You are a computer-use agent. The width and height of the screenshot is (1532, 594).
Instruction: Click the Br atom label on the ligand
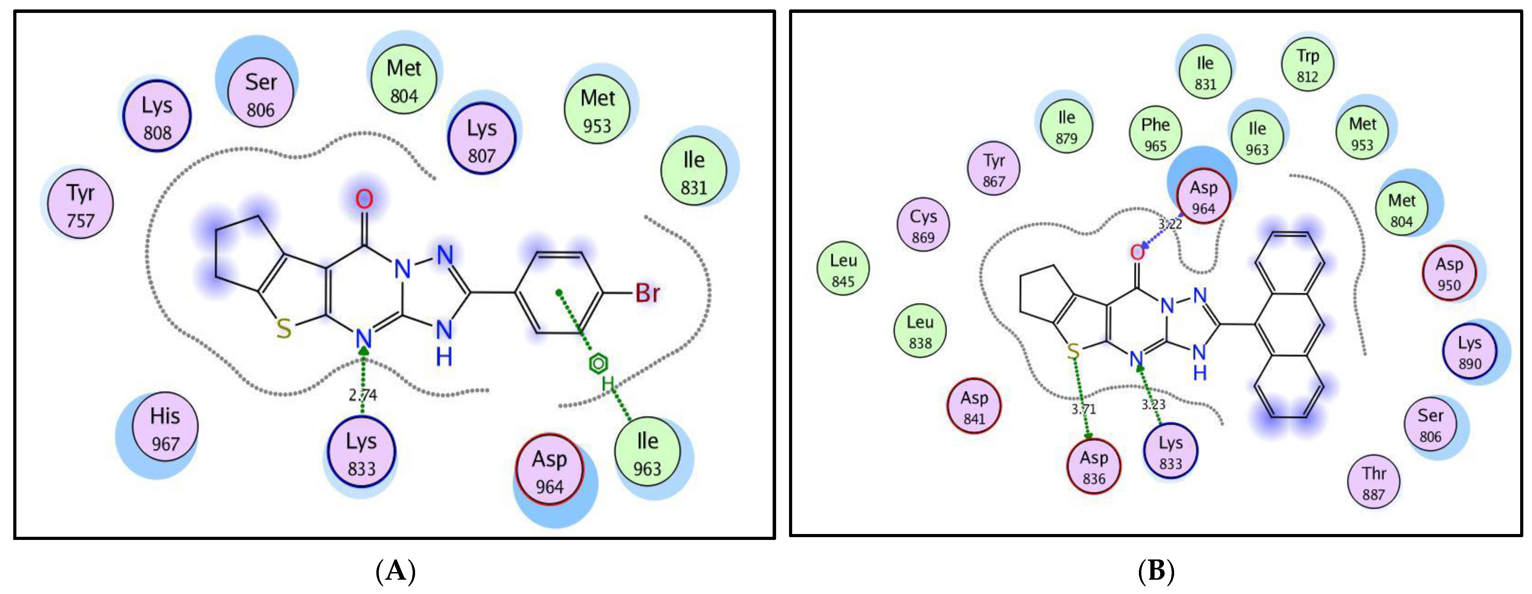647,293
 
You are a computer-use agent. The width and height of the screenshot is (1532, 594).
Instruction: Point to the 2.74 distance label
362,394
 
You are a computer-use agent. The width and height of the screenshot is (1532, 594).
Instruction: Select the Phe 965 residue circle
1155,134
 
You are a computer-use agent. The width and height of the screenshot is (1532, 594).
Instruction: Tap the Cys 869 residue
923,226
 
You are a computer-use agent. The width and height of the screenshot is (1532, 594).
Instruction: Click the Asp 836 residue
1094,467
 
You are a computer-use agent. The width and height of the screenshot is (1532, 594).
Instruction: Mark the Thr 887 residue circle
1373,483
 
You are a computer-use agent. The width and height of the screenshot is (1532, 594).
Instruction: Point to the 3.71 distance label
1083,409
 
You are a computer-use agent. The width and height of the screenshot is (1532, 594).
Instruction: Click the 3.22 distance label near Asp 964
1169,224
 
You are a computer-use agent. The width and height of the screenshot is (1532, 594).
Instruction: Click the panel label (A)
396,571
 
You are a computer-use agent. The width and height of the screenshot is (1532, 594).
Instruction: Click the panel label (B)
1156,571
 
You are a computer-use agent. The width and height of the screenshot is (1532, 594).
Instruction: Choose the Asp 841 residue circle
974,407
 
